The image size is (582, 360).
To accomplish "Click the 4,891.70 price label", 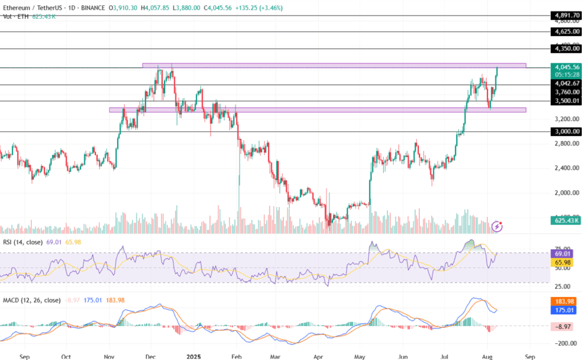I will click(567, 16).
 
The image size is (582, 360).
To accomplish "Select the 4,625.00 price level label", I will click(567, 32).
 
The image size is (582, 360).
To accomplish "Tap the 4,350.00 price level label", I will click(567, 49).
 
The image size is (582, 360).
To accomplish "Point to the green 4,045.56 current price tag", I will click(567, 67).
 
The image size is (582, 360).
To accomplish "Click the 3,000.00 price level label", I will click(567, 131).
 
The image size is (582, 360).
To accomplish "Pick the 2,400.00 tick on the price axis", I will click(567, 168).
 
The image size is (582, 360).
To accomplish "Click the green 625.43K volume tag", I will click(567, 220).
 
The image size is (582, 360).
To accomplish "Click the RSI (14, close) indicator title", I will click(22, 242).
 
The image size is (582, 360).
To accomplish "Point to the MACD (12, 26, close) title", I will click(31, 300).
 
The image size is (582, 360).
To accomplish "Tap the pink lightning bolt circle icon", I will click(497, 226).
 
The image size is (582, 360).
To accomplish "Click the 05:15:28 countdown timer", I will click(567, 75).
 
